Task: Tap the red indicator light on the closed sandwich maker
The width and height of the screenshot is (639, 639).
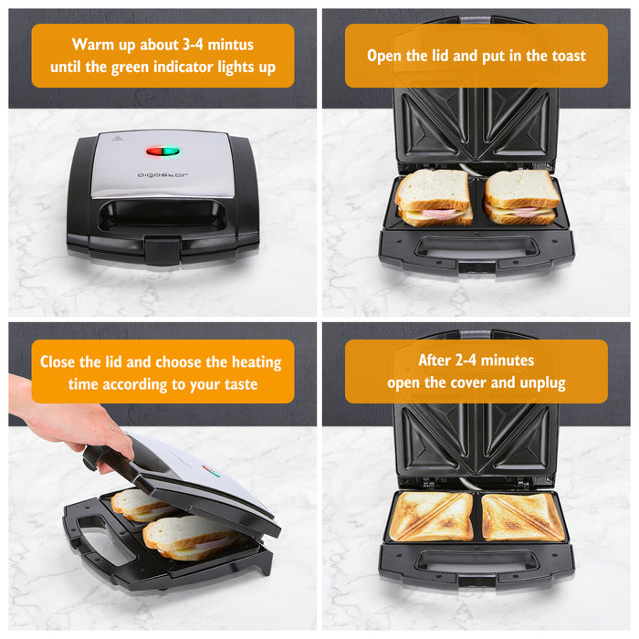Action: click(x=157, y=151)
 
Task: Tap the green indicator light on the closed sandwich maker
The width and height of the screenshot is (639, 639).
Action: click(x=171, y=151)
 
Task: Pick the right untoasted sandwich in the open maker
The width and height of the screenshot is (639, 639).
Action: click(x=521, y=197)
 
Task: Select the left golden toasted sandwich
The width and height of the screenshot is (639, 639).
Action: click(x=431, y=517)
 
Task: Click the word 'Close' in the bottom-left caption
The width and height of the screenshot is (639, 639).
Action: click(x=61, y=361)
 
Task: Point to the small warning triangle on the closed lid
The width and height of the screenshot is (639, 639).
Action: click(x=116, y=140)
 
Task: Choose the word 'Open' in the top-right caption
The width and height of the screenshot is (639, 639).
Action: click(x=386, y=56)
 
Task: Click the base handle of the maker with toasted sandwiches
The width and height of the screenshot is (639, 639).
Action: click(x=476, y=562)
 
